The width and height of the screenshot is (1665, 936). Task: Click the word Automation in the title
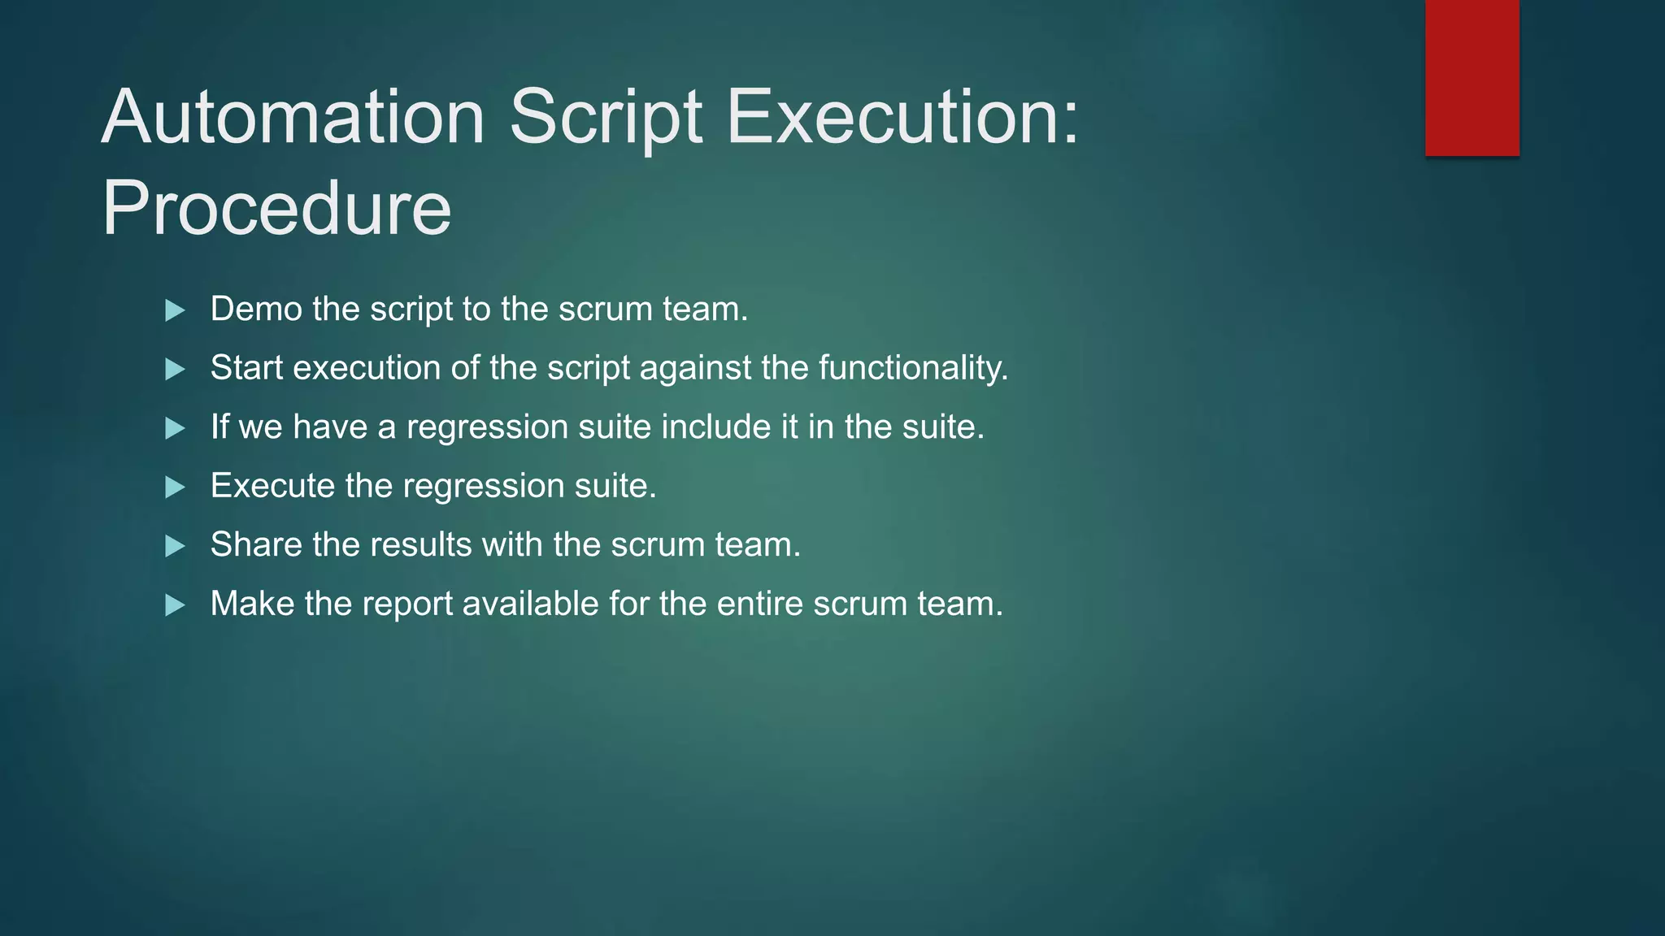pos(293,118)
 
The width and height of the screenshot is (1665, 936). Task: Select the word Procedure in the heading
pos(276,209)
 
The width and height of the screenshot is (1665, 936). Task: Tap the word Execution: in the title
pos(902,118)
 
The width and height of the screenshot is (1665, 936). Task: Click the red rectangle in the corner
pos(1472,77)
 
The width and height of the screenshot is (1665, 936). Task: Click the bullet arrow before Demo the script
pos(175,310)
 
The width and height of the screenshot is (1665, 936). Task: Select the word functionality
pos(913,368)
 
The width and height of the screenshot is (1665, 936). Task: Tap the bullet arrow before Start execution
pos(175,370)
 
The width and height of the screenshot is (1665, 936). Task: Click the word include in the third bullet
pos(715,427)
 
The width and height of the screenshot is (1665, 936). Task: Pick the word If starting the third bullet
pos(220,427)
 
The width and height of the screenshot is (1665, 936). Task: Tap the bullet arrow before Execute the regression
pos(175,487)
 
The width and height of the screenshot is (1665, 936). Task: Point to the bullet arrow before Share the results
pos(175,546)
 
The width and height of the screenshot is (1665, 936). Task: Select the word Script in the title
pos(606,118)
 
